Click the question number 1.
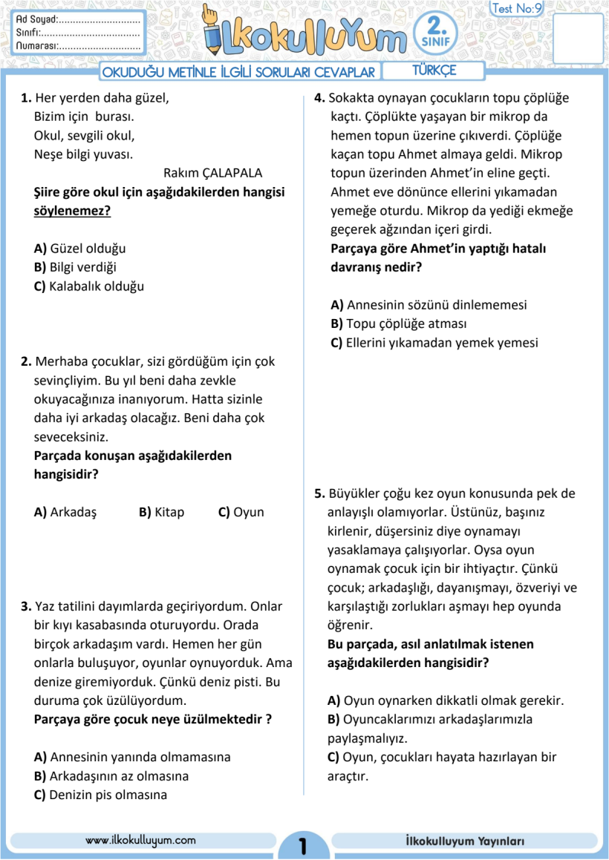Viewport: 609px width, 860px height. coord(26,97)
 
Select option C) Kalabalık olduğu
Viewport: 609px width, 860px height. coord(89,286)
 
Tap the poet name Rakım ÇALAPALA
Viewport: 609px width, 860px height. coord(213,173)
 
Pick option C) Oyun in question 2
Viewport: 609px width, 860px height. coord(241,512)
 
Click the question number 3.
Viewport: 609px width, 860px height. coord(26,606)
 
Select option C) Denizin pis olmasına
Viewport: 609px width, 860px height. coord(100,795)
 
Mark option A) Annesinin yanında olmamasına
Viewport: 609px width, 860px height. coord(132,757)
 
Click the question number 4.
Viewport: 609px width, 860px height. coord(319,97)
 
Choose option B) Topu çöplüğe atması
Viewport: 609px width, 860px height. coord(399,324)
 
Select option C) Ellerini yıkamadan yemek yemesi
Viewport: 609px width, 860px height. coord(434,343)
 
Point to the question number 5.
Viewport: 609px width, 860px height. coord(319,493)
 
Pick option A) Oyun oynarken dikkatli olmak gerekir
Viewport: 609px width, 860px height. coord(446,700)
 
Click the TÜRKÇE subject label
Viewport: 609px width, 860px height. coord(434,70)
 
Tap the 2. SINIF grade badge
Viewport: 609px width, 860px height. coord(437,33)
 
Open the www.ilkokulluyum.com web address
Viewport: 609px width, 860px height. coord(140,840)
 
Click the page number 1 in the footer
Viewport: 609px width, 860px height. coord(302,845)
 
